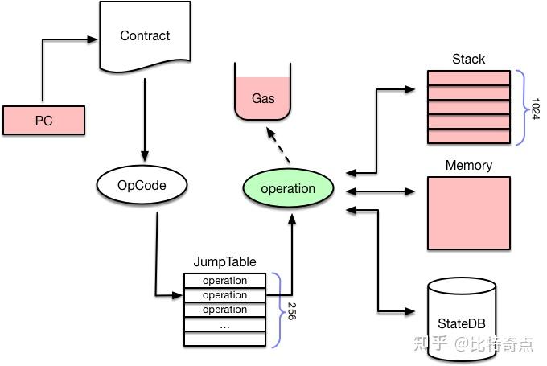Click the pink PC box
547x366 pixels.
43,121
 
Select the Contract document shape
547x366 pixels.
145,36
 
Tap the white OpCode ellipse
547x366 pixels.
142,185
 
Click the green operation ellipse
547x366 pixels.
288,188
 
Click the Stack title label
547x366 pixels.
468,59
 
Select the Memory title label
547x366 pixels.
469,165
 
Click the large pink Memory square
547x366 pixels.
469,213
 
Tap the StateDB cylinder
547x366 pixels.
462,319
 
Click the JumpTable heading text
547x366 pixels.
224,261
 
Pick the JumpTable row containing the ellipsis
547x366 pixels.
224,324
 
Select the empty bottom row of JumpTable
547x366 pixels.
224,339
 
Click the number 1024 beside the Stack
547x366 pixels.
535,109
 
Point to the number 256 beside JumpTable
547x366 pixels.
292,311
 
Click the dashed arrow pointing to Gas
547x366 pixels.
278,145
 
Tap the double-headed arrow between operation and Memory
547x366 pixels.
380,191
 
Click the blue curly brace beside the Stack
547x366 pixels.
525,108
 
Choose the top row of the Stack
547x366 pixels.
469,77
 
